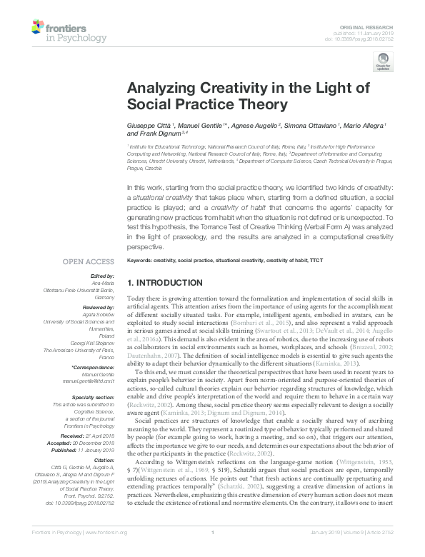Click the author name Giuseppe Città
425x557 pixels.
coord(149,125)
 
